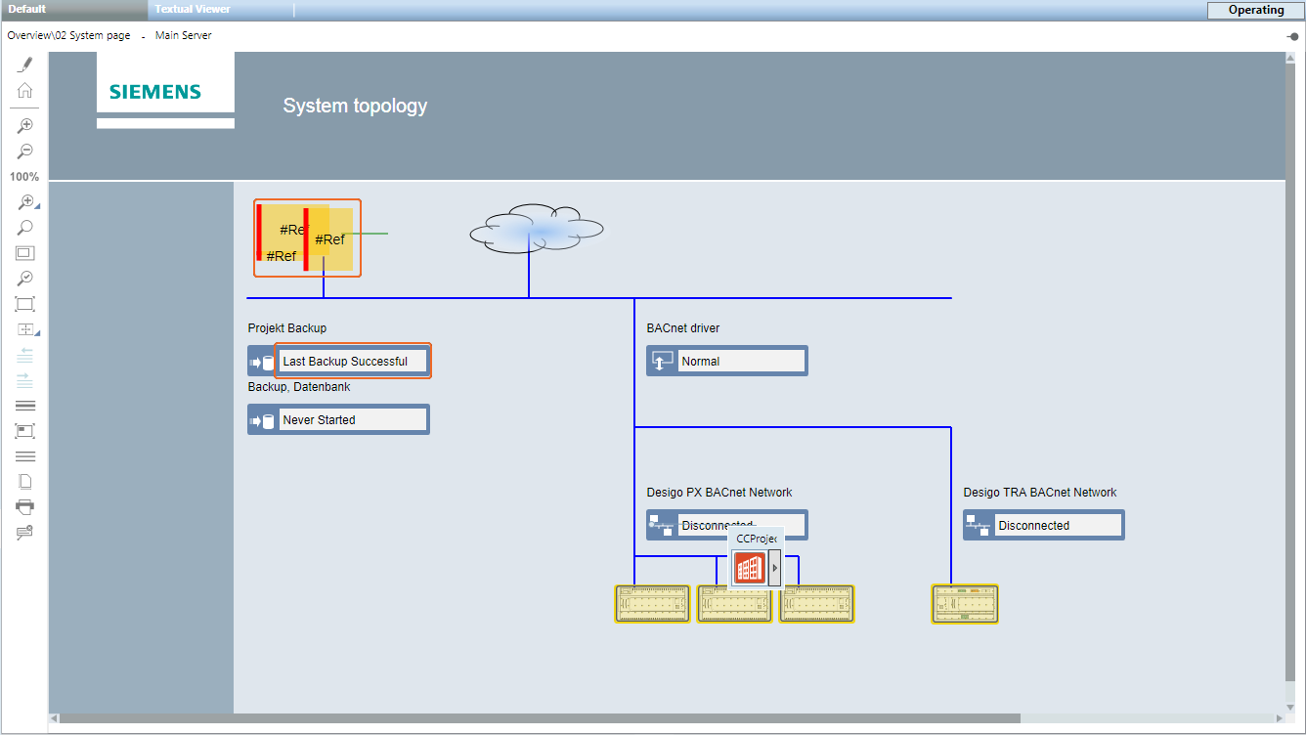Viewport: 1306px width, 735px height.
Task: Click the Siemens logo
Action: pos(155,92)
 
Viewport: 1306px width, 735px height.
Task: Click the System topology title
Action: pos(355,106)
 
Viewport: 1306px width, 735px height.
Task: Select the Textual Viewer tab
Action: pos(193,9)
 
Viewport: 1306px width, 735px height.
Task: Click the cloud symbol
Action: pos(536,230)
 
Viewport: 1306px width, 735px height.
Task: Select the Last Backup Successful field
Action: pos(352,361)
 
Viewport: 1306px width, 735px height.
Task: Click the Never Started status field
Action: pos(352,419)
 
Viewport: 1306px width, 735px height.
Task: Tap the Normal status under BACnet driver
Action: pos(741,361)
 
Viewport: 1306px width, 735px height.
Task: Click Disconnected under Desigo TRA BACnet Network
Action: pos(1058,525)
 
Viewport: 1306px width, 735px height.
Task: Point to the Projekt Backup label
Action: pos(287,328)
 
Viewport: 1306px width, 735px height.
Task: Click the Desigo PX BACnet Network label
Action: pos(719,493)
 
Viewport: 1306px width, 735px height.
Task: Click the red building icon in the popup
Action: pos(750,568)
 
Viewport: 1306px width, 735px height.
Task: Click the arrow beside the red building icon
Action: pos(775,568)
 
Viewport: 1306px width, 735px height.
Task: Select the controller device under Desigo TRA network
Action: pos(965,604)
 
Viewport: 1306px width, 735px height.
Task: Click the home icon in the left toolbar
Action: pos(25,90)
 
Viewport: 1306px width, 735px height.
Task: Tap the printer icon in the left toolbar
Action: pos(25,506)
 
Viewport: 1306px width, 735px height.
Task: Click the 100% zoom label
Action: pos(24,177)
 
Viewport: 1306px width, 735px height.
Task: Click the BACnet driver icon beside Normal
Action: pos(662,361)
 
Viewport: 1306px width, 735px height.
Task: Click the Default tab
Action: pos(27,9)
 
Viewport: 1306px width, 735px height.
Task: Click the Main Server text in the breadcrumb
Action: pos(184,35)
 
